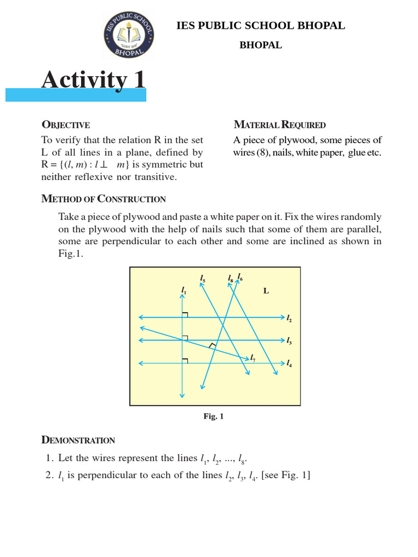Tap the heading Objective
[65, 125]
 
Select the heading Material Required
[279, 125]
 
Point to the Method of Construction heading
[103, 199]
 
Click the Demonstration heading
[78, 440]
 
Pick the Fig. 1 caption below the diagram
[213, 416]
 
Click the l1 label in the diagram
[183, 291]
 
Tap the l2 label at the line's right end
[290, 318]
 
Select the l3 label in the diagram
[290, 342]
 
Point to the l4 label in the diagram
[290, 364]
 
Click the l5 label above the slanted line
[202, 279]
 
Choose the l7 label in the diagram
[253, 358]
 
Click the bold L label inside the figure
[266, 291]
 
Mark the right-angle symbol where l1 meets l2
[186, 314]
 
